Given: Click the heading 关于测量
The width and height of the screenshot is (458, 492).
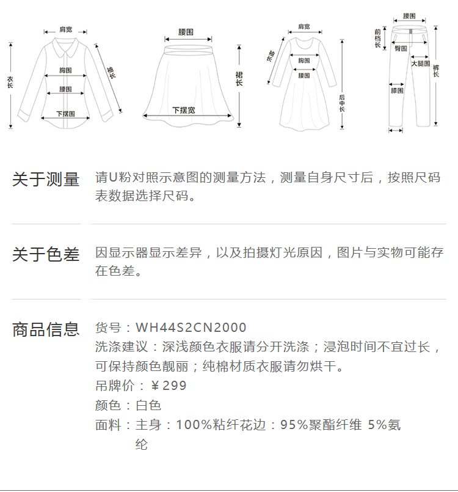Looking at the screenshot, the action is (46, 180).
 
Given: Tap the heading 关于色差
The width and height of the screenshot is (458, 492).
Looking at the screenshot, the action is (46, 254).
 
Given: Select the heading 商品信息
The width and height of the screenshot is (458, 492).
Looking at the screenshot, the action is (46, 329).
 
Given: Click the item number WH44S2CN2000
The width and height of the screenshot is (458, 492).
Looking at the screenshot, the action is (191, 328).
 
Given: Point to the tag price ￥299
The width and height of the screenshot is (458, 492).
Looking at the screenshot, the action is (169, 386).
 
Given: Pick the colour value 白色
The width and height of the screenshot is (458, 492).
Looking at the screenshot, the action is (148, 405).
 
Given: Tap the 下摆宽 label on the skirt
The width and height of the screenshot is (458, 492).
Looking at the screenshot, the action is (183, 110).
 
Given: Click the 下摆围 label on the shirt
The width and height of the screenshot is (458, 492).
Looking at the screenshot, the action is (65, 113).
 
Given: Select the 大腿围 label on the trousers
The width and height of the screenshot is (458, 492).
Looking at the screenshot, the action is (420, 64).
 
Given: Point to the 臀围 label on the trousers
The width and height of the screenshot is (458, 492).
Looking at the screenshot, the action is (401, 48).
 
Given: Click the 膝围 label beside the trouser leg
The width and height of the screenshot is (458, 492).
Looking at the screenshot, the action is (397, 90).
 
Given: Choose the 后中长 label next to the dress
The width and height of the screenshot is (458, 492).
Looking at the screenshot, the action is (342, 103).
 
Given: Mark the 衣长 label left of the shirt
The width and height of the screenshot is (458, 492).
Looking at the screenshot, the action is (10, 83).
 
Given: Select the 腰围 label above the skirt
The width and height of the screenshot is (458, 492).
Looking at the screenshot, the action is (186, 31).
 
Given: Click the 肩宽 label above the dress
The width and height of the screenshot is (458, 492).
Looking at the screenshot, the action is (304, 27).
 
